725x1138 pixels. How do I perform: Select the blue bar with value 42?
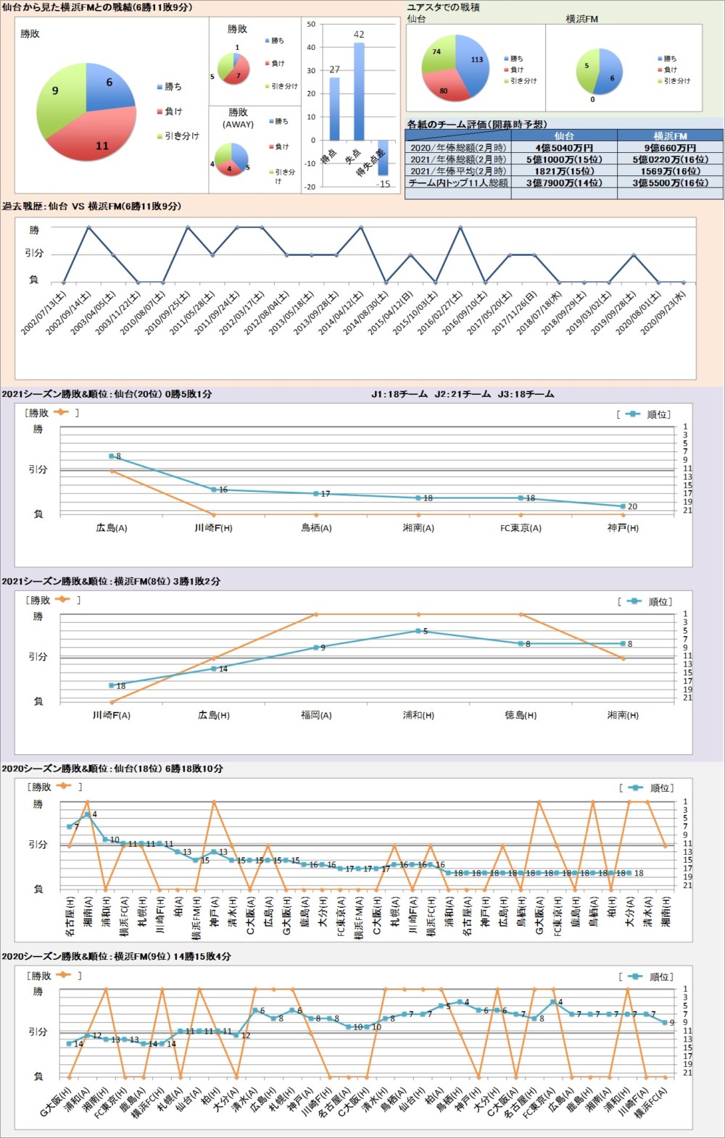[358, 91]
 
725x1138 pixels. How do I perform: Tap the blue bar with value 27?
[334, 109]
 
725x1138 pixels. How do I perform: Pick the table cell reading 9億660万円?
[670, 148]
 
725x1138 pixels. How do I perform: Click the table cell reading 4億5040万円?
[564, 148]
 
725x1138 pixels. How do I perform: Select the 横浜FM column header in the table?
[670, 135]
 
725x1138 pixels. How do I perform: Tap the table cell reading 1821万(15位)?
[564, 171]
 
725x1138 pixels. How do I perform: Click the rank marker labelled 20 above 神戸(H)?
[623, 506]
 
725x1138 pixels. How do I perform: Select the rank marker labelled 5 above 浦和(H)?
[418, 631]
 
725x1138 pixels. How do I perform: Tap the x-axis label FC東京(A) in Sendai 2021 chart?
[521, 528]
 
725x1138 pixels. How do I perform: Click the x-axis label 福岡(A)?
[316, 715]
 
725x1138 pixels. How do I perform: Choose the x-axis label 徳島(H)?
[521, 715]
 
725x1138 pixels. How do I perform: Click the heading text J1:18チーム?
[399, 394]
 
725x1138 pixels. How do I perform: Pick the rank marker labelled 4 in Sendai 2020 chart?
[88, 814]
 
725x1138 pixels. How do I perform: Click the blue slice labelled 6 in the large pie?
[109, 87]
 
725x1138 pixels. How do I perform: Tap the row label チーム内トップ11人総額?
[458, 183]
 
